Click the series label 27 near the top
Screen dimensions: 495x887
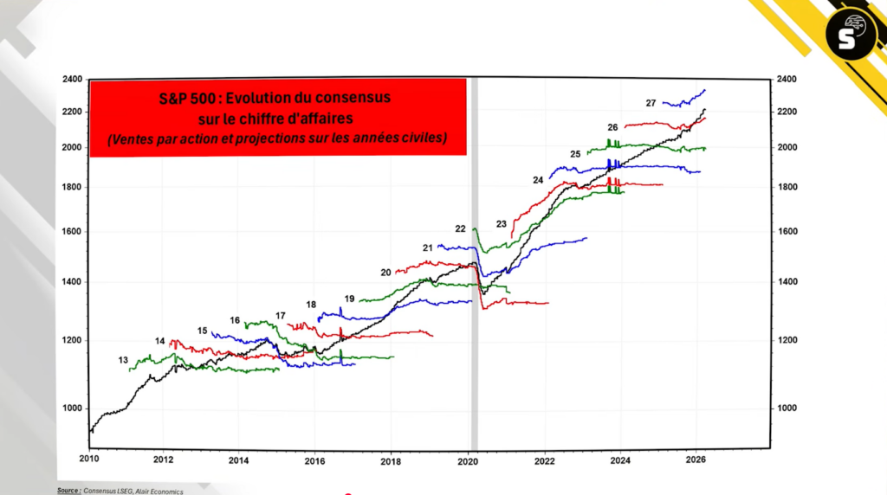(x=651, y=103)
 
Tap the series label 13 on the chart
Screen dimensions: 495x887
(x=123, y=359)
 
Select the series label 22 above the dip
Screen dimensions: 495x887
(x=461, y=228)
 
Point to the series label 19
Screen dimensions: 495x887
(x=349, y=299)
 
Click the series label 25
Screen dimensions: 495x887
(x=575, y=154)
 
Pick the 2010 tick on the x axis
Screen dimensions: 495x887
(x=89, y=459)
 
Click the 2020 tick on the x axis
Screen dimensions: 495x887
(x=469, y=459)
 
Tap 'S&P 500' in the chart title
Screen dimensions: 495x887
(x=188, y=98)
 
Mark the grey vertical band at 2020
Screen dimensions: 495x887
(x=474, y=260)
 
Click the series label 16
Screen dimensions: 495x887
(x=235, y=320)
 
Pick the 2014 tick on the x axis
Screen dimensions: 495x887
(x=240, y=459)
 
